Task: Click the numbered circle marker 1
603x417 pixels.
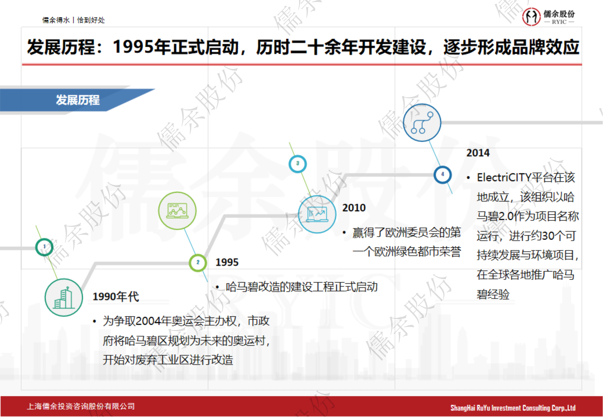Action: point(44,247)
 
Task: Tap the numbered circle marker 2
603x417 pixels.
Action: point(198,262)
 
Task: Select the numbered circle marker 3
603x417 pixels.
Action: point(297,164)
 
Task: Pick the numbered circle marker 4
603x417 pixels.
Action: point(443,175)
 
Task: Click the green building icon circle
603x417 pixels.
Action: point(64,297)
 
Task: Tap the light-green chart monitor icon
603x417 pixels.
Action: point(177,211)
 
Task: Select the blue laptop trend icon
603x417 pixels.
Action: point(317,214)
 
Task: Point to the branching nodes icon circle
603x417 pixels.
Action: point(422,123)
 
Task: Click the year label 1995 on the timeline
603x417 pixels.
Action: point(227,262)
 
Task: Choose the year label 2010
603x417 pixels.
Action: point(354,208)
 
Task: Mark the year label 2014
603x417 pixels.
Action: point(478,153)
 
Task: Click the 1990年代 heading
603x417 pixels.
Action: point(116,296)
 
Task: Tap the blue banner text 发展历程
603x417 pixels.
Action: point(78,100)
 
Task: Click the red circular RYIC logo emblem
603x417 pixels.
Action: point(531,17)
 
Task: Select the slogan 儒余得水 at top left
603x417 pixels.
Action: point(56,20)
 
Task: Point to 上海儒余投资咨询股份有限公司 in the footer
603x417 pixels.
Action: point(81,406)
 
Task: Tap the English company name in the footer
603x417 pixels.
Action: point(513,408)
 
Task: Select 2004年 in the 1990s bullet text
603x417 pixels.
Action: point(153,321)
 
